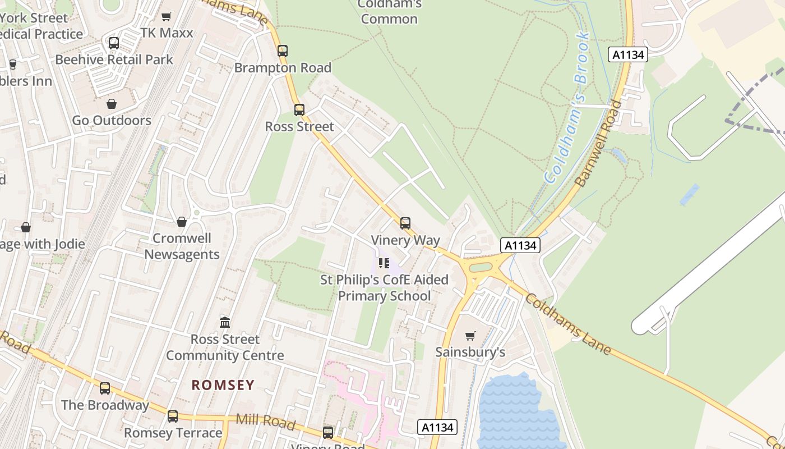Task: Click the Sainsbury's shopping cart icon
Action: (x=470, y=336)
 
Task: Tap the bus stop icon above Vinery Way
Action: (x=405, y=223)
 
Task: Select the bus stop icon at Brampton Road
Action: (x=283, y=51)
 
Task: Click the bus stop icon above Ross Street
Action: (x=299, y=109)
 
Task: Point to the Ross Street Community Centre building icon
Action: (x=225, y=322)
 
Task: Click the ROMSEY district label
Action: (x=223, y=385)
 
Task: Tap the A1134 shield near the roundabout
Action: (x=520, y=245)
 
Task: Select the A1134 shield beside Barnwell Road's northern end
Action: (x=628, y=54)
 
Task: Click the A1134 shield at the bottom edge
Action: (x=437, y=427)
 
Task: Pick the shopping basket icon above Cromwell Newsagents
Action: (x=182, y=222)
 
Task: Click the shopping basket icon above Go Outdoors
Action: (x=112, y=104)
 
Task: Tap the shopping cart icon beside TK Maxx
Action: (x=166, y=16)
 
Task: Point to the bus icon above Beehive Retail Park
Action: (x=114, y=43)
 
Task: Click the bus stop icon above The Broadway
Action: (x=105, y=388)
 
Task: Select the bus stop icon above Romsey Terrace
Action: (x=173, y=416)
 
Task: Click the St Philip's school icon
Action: (x=384, y=263)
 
